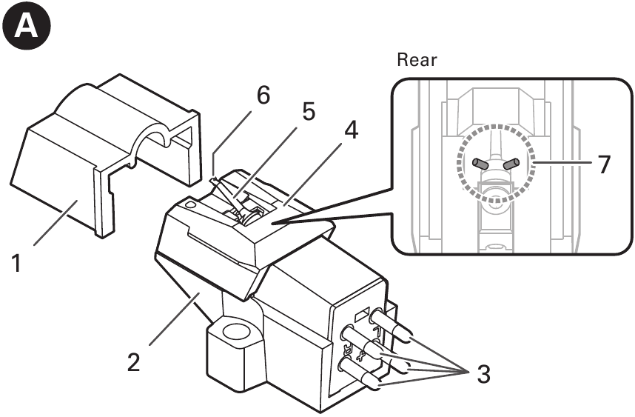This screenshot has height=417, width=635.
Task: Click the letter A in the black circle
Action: pyautogui.click(x=26, y=27)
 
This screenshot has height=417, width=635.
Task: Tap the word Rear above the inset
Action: pyautogui.click(x=417, y=59)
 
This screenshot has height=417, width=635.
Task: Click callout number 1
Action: pyautogui.click(x=16, y=263)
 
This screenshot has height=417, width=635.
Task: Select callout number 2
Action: pyautogui.click(x=134, y=362)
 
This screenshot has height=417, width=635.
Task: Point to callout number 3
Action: pyautogui.click(x=483, y=374)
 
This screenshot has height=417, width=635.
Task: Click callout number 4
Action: pyautogui.click(x=351, y=130)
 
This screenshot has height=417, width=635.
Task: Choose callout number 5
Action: pyautogui.click(x=308, y=111)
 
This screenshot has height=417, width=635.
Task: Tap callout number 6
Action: pyautogui.click(x=263, y=96)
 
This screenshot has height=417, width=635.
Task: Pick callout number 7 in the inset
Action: pyautogui.click(x=603, y=164)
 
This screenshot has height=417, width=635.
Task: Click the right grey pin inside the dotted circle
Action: pyautogui.click(x=511, y=164)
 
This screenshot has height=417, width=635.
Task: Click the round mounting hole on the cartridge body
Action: pyautogui.click(x=234, y=332)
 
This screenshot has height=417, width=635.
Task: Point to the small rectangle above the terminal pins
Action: pyautogui.click(x=362, y=313)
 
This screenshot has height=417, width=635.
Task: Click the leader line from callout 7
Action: pyautogui.click(x=564, y=162)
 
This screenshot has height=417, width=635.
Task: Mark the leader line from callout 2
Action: pyautogui.click(x=174, y=319)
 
